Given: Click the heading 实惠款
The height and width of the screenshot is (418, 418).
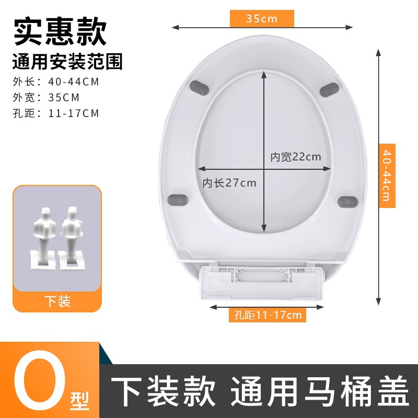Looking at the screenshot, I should tap(60, 32).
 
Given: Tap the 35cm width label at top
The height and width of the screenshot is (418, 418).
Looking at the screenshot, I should tap(262, 19).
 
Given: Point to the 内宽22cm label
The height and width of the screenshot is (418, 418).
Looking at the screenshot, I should tap(295, 156).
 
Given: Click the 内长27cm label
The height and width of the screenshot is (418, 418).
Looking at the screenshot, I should tap(229, 183).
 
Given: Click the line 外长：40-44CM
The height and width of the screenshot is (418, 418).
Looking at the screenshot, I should tap(55, 82).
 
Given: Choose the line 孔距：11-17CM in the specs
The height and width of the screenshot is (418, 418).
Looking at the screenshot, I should tap(55, 113).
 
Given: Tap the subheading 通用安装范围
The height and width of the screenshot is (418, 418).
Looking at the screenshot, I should tap(67, 62).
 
